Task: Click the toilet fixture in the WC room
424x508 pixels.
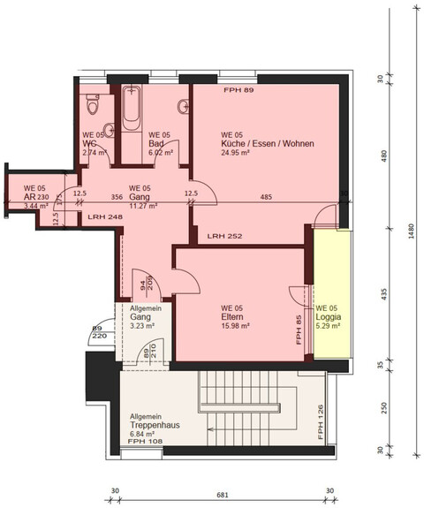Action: tap(92, 110)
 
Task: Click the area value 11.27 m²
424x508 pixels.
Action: tap(143, 206)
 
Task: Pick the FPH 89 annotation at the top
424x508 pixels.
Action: tap(238, 91)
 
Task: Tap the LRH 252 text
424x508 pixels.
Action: tap(224, 238)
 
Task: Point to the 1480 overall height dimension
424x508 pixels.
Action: tap(412, 249)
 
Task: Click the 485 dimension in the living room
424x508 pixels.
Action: tap(266, 197)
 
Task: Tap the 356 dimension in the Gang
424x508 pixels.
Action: tap(117, 197)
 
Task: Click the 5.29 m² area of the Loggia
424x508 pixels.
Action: tap(329, 325)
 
